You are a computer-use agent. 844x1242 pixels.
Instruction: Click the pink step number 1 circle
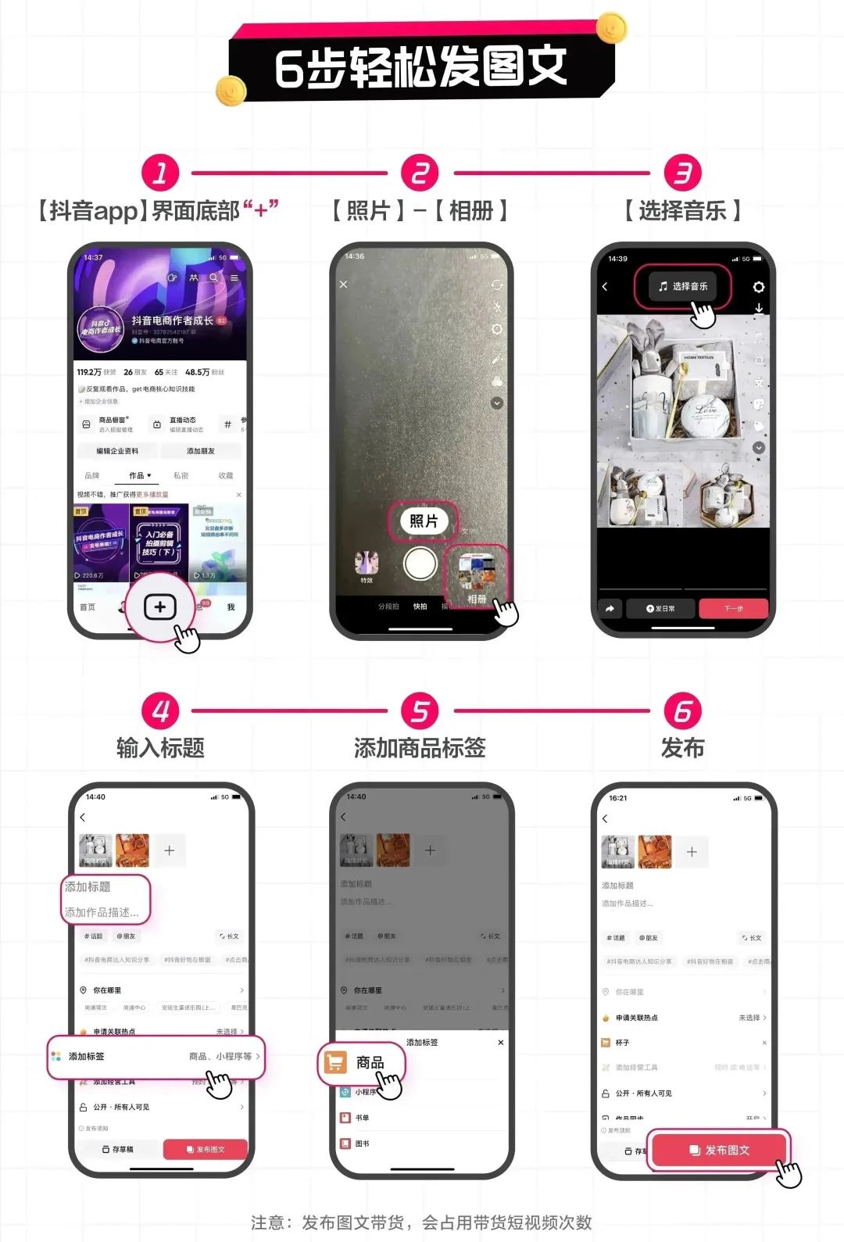tap(160, 173)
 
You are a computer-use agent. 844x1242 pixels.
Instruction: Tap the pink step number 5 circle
tap(420, 711)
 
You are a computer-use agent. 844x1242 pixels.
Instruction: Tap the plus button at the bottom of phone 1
tap(160, 607)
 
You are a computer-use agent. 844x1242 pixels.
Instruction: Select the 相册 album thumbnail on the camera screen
tap(476, 576)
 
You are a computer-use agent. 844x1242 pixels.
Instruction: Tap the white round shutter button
tap(420, 564)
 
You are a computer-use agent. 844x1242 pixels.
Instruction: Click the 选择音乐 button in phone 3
tap(683, 287)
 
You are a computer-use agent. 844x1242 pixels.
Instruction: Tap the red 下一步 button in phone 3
tap(733, 608)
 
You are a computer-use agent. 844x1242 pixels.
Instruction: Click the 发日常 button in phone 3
tap(660, 608)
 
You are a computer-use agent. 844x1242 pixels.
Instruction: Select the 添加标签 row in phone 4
tap(156, 1057)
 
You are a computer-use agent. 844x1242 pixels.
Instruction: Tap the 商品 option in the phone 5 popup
tap(362, 1063)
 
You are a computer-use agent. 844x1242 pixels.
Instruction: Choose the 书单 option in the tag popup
tap(361, 1118)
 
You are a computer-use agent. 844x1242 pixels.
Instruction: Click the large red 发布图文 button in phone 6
tap(720, 1150)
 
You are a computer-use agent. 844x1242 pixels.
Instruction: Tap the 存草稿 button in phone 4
tap(118, 1149)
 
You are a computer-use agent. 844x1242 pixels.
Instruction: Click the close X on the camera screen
tap(344, 285)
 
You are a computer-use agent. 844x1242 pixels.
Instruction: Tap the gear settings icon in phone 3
tap(758, 288)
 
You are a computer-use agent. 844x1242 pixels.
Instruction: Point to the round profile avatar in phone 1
tap(100, 330)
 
